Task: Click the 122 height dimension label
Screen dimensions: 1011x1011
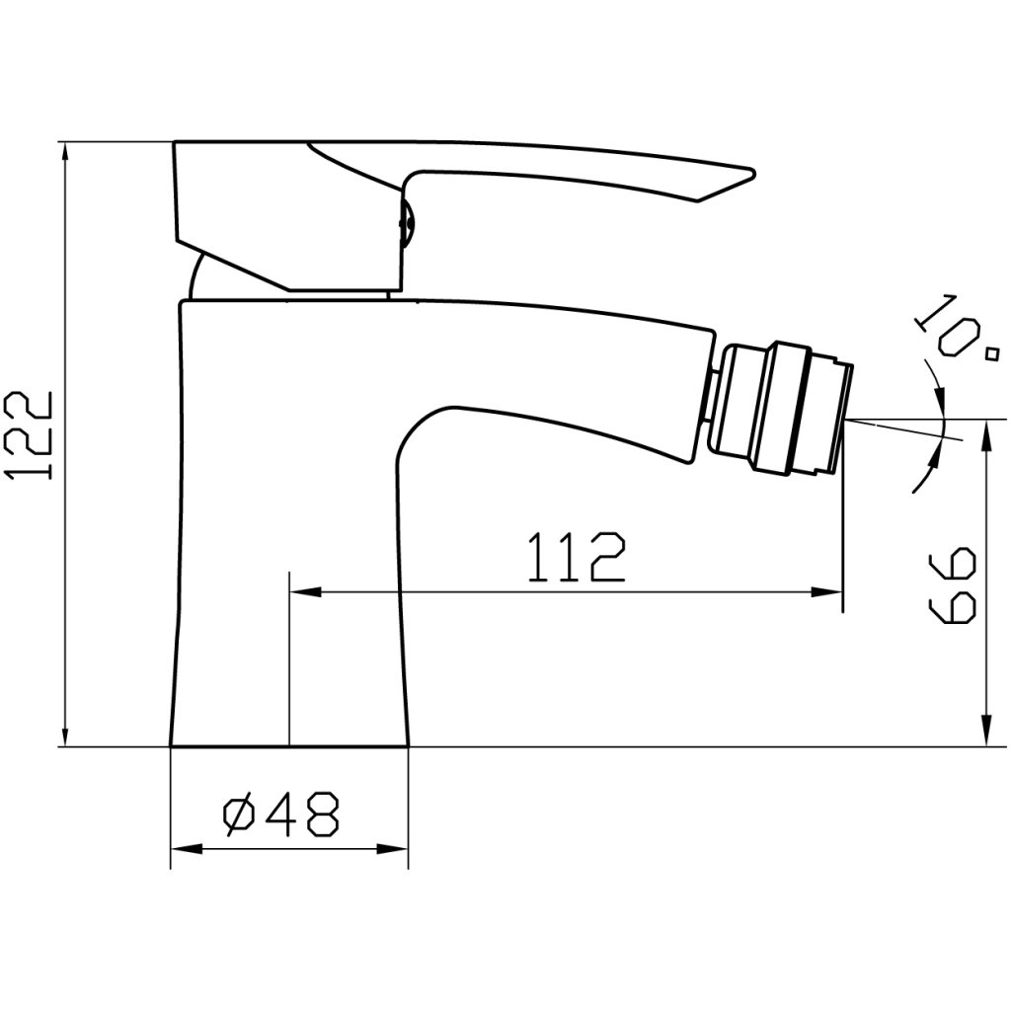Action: [x=29, y=435]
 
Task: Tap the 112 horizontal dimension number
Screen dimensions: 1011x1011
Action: [x=577, y=557]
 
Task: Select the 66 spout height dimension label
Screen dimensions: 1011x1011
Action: [x=953, y=584]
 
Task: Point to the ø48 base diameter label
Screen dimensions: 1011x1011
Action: [x=280, y=815]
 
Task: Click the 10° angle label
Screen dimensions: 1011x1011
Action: [x=953, y=330]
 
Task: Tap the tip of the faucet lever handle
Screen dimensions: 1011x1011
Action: [x=753, y=172]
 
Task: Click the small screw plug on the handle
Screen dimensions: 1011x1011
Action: [x=407, y=222]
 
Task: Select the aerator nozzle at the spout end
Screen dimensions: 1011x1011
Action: [x=782, y=410]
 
